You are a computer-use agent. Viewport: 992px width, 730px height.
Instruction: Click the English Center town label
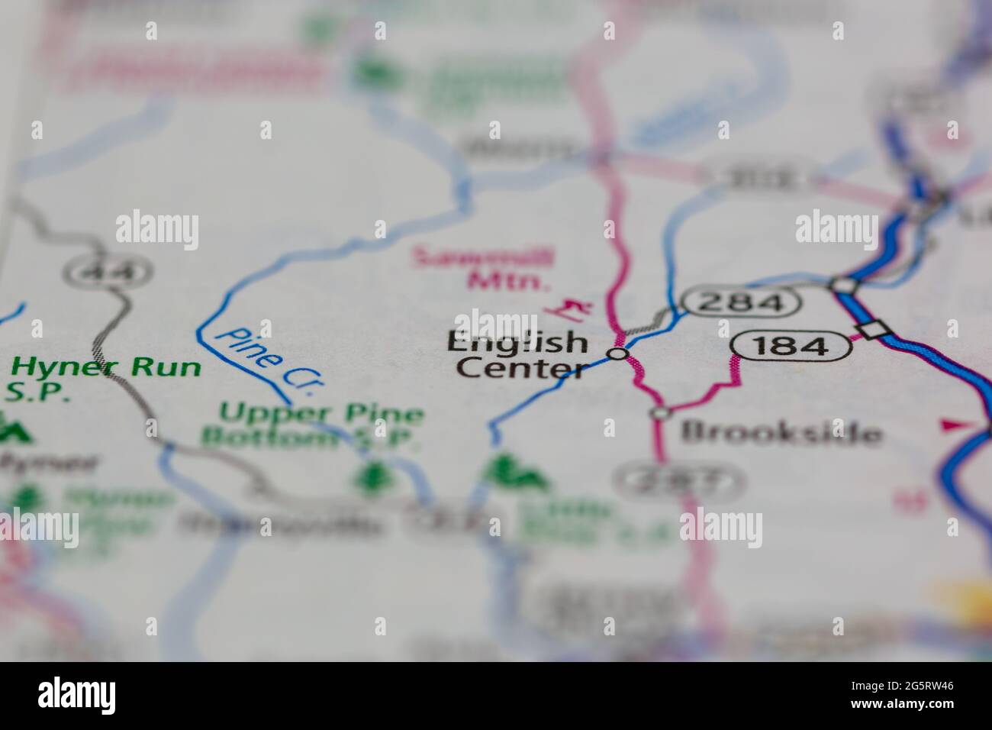pos(517,355)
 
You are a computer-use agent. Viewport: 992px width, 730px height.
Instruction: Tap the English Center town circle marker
pos(618,354)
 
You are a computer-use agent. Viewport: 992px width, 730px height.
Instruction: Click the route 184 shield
pos(791,346)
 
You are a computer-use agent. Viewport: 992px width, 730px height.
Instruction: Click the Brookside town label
pos(781,433)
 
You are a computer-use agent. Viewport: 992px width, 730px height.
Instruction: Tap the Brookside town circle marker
pos(660,413)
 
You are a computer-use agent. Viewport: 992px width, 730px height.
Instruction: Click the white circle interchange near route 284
pos(843,285)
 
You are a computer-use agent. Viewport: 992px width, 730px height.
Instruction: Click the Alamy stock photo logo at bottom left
pos(80,695)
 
